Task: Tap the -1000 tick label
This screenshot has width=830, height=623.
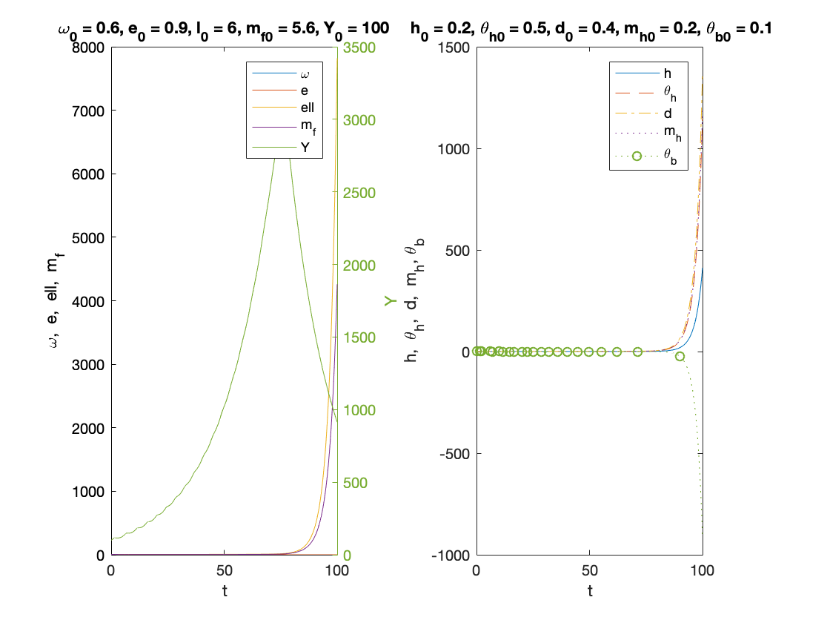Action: click(452, 555)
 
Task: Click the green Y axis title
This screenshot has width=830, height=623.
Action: click(391, 301)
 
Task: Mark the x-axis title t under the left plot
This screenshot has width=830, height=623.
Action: click(224, 591)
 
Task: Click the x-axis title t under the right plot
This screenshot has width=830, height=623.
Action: click(589, 591)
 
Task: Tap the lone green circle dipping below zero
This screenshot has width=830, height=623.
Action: click(680, 357)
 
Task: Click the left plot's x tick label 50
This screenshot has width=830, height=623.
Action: click(224, 571)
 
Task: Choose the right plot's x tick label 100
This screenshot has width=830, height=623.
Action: click(702, 571)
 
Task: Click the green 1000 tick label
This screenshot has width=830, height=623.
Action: click(357, 410)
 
